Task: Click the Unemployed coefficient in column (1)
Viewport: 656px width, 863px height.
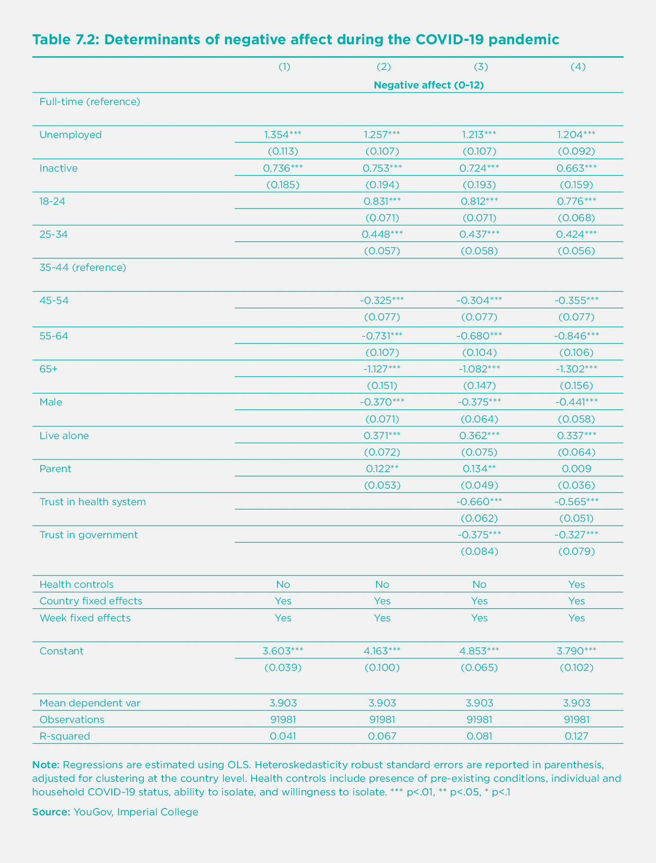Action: [283, 135]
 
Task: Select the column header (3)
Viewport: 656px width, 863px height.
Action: [480, 67]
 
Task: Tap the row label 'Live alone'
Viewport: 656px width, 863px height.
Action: [64, 436]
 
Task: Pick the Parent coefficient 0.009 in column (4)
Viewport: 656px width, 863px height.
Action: [576, 469]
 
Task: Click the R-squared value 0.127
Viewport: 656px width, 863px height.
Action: [576, 736]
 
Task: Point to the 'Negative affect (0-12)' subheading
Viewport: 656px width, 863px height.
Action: [429, 85]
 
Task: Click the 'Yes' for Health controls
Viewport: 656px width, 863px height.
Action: [576, 584]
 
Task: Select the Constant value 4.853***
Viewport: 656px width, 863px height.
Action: [479, 651]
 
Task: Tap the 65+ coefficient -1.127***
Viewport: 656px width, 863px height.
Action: [382, 369]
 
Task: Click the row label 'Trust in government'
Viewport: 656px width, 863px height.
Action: [88, 535]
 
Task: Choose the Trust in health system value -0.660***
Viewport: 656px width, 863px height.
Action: [479, 502]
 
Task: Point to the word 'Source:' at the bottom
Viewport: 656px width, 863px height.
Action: [51, 812]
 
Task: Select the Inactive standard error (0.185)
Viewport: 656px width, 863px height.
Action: [283, 185]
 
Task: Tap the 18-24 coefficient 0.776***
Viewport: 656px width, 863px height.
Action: [576, 201]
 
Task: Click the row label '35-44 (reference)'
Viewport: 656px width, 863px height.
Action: [83, 267]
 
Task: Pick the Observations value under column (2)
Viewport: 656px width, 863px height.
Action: [382, 720]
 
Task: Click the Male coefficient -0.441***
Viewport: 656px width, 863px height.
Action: [576, 402]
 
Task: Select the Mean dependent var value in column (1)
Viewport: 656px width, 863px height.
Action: [283, 703]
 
